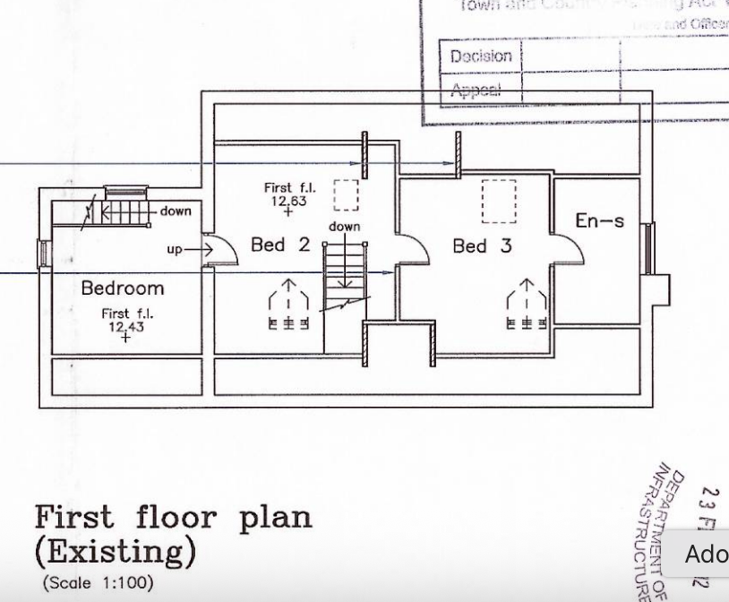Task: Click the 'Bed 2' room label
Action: pyautogui.click(x=279, y=245)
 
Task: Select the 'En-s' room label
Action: pyautogui.click(x=599, y=220)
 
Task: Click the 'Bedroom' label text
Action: pyautogui.click(x=123, y=288)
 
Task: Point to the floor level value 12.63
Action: pyautogui.click(x=288, y=201)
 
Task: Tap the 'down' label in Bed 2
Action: pyautogui.click(x=344, y=227)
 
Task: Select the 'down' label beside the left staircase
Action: pyautogui.click(x=176, y=211)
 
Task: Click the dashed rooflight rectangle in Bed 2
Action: pyautogui.click(x=346, y=194)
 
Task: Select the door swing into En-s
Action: pyautogui.click(x=568, y=247)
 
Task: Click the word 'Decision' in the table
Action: pyautogui.click(x=480, y=56)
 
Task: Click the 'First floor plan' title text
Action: pyautogui.click(x=174, y=519)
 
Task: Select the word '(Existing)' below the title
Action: pyautogui.click(x=114, y=549)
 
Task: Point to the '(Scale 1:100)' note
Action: pyautogui.click(x=98, y=581)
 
